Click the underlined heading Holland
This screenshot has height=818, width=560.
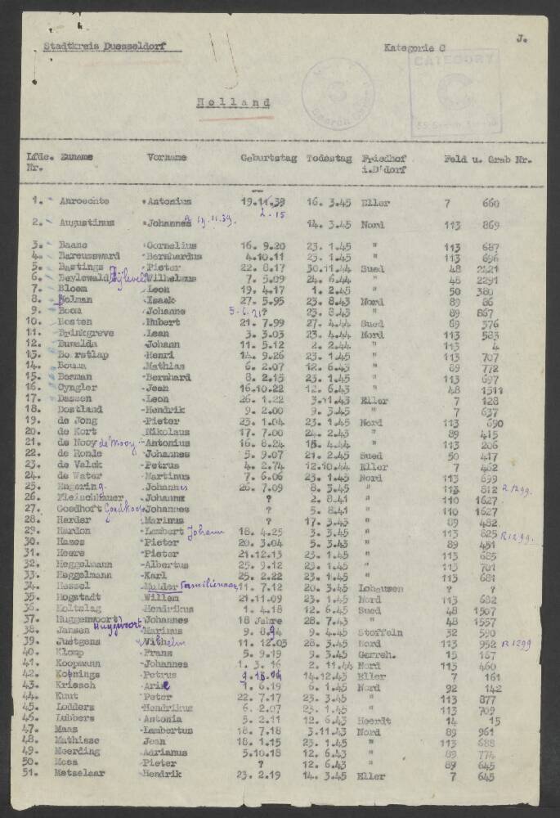233,103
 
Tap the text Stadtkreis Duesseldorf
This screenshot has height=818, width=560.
103,47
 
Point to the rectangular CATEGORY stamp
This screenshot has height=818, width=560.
455,90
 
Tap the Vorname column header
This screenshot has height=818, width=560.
168,157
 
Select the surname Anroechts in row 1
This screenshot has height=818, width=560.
85,200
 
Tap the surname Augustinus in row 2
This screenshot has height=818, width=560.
86,222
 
